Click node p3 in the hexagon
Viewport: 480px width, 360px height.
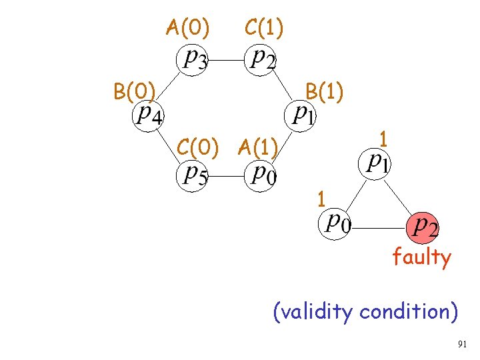pos(193,59)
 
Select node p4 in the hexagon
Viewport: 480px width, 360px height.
pos(147,116)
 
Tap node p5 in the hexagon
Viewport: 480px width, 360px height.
pos(194,175)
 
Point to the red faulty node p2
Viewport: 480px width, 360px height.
pos(423,227)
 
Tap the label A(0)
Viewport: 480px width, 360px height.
pos(188,28)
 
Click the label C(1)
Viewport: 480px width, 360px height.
pos(264,28)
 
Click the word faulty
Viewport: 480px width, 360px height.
pos(421,257)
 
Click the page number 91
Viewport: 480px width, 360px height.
pos(463,345)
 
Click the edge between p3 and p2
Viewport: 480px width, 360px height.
pos(227,59)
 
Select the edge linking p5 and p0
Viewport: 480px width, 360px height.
pos(227,176)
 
